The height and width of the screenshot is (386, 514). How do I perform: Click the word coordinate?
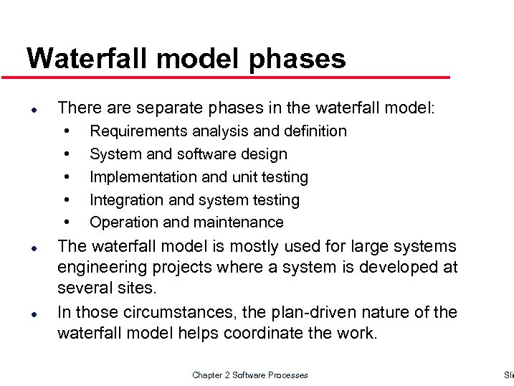270,333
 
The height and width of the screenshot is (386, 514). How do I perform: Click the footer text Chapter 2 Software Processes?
250,375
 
